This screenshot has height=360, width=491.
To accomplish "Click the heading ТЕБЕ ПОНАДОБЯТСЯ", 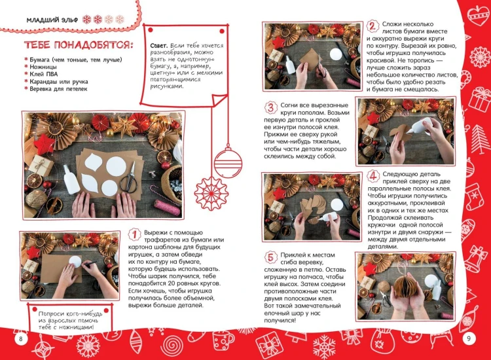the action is (x=79, y=45).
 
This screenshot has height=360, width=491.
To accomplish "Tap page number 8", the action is (x=21, y=338).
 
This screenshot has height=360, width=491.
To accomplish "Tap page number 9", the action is (x=469, y=338).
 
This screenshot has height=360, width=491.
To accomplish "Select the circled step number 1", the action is (x=135, y=234).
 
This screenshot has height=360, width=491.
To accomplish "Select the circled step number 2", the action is (x=372, y=26).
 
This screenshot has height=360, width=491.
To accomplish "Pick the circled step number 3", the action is (x=270, y=107).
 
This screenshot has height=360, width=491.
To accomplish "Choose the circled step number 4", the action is (x=373, y=176).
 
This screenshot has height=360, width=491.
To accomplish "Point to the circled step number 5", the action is (x=270, y=257).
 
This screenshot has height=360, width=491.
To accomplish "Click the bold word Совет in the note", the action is (x=159, y=46).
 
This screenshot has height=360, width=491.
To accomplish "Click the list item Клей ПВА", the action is (x=43, y=74).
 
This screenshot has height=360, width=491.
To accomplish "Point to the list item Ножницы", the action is (x=43, y=67).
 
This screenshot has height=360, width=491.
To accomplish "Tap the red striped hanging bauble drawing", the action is (x=228, y=163).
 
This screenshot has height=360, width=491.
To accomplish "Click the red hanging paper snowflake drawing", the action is (x=211, y=191).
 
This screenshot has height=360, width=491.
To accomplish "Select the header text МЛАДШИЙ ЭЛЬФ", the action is (x=52, y=20).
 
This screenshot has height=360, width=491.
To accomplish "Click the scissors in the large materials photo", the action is (x=130, y=179).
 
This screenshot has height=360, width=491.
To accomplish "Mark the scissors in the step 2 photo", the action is (x=321, y=66).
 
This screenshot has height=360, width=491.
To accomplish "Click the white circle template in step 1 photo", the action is (x=75, y=261).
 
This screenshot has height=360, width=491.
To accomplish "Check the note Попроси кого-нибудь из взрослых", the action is (x=70, y=320).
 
